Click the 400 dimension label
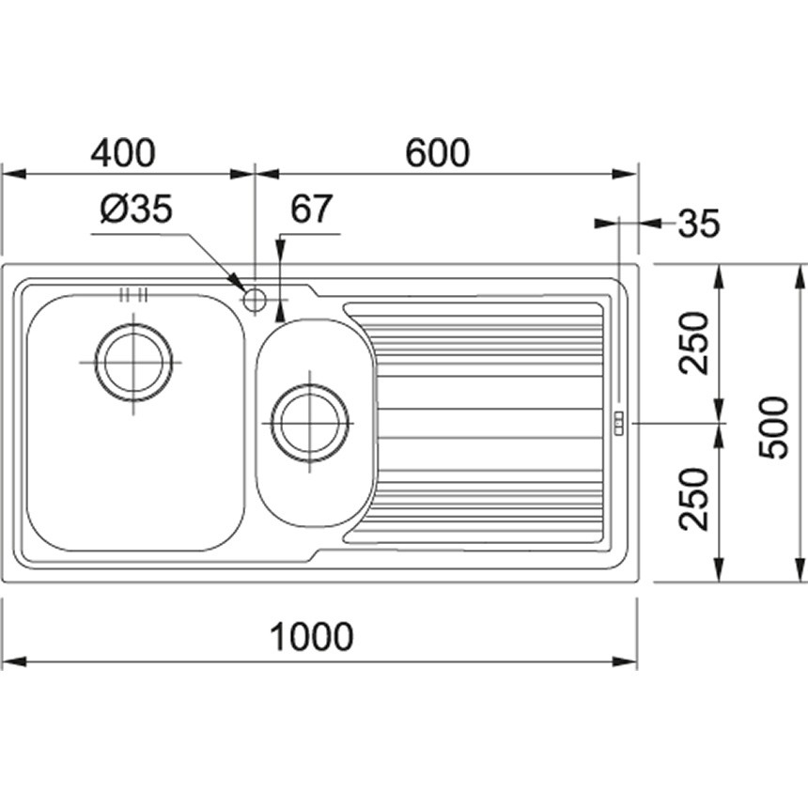click(123, 152)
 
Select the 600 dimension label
click(438, 152)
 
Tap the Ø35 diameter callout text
click(136, 209)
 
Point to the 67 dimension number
click(311, 209)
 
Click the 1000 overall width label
click(312, 636)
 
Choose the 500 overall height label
click(773, 427)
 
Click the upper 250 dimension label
click(693, 343)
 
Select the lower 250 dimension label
click(693, 499)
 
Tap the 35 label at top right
click(698, 224)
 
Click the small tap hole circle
click(254, 300)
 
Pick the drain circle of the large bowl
click(133, 363)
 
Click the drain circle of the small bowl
click(309, 423)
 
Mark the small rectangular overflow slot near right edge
click(617, 423)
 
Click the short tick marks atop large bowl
click(133, 295)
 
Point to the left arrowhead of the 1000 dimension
click(14, 661)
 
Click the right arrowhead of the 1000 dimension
click(624, 661)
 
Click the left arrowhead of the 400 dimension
click(14, 174)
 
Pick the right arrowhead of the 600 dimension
click(624, 174)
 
